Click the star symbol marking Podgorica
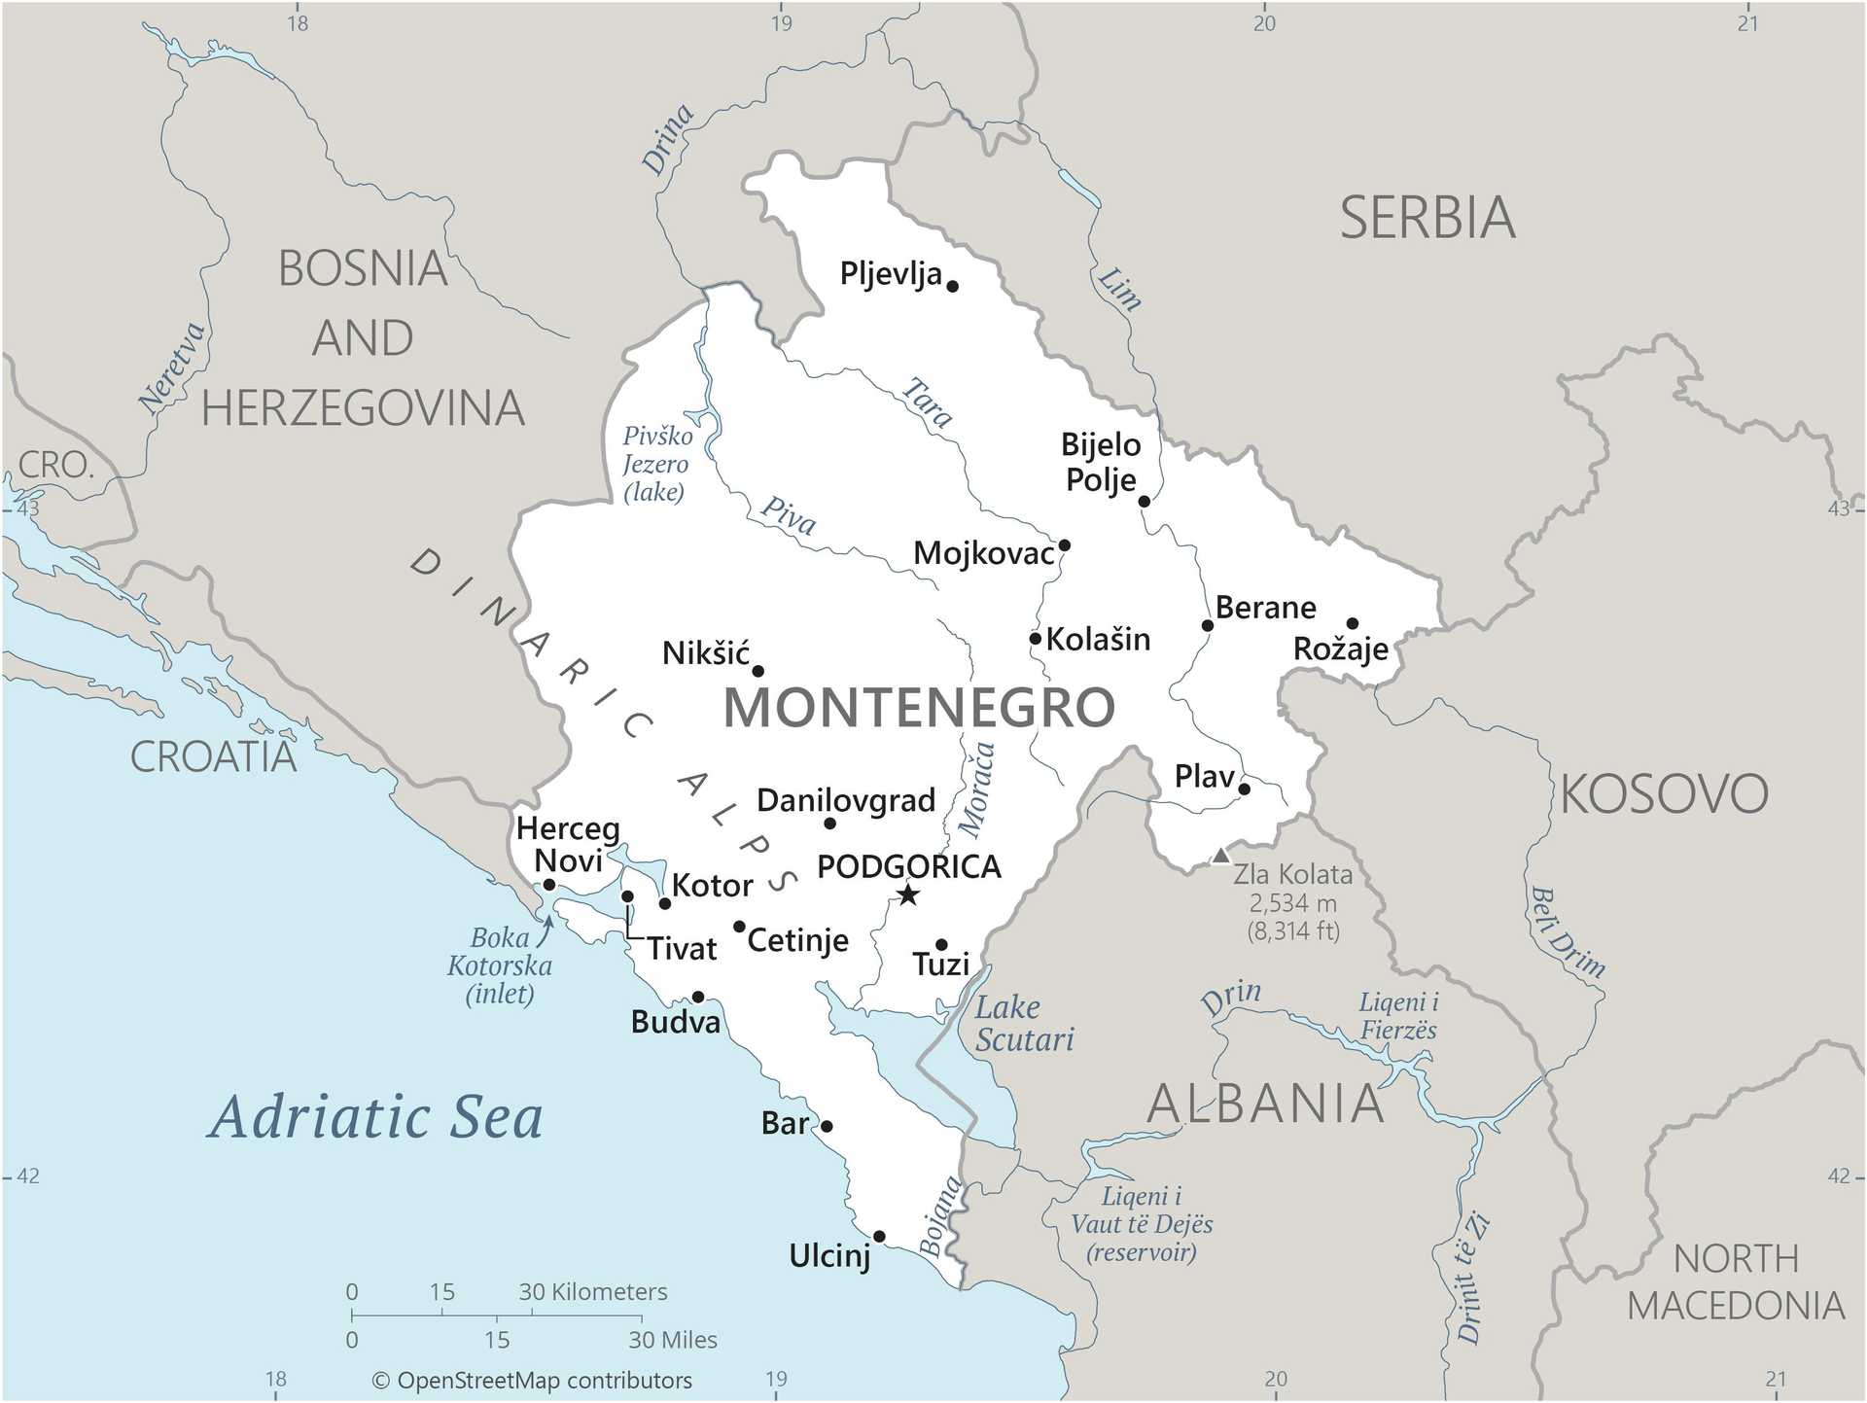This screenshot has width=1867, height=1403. pyautogui.click(x=907, y=894)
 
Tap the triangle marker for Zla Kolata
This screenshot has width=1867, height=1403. pyautogui.click(x=1220, y=857)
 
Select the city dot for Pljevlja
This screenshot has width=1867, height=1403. pyautogui.click(x=953, y=286)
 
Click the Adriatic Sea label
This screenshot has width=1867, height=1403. pyautogui.click(x=375, y=1117)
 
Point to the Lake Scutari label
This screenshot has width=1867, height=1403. pyautogui.click(x=1024, y=1024)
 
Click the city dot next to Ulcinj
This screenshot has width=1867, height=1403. pyautogui.click(x=879, y=1237)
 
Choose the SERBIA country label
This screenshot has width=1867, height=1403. pyautogui.click(x=1427, y=218)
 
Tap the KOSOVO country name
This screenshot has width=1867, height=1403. pyautogui.click(x=1664, y=794)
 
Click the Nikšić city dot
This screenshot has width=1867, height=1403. pyautogui.click(x=758, y=671)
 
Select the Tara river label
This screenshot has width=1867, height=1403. pyautogui.click(x=927, y=403)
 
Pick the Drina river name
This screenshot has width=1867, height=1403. pyautogui.click(x=668, y=139)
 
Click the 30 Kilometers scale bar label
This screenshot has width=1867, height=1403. pyautogui.click(x=592, y=1292)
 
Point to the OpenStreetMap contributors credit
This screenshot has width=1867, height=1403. pyautogui.click(x=532, y=1381)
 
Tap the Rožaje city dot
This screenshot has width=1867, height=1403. pyautogui.click(x=1352, y=623)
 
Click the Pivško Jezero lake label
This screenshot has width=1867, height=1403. pyautogui.click(x=656, y=464)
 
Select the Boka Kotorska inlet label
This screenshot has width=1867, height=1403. pyautogui.click(x=500, y=965)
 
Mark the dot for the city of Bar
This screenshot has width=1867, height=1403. pyautogui.click(x=827, y=1126)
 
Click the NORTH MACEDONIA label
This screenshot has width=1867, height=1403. pyautogui.click(x=1736, y=1282)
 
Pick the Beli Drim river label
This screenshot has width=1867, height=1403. pyautogui.click(x=1567, y=931)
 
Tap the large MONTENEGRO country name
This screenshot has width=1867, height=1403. pyautogui.click(x=919, y=707)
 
